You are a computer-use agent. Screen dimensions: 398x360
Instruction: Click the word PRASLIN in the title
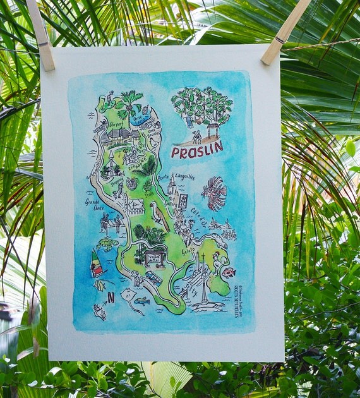pos(196,149)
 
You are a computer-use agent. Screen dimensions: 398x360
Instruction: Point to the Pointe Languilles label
pos(176,178)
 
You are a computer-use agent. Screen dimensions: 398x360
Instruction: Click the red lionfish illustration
pos(214,193)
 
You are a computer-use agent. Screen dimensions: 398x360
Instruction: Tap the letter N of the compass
pos(111,296)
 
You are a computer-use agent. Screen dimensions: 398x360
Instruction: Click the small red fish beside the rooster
pos(229,272)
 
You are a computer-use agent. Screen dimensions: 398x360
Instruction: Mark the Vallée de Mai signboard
pos(153,258)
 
